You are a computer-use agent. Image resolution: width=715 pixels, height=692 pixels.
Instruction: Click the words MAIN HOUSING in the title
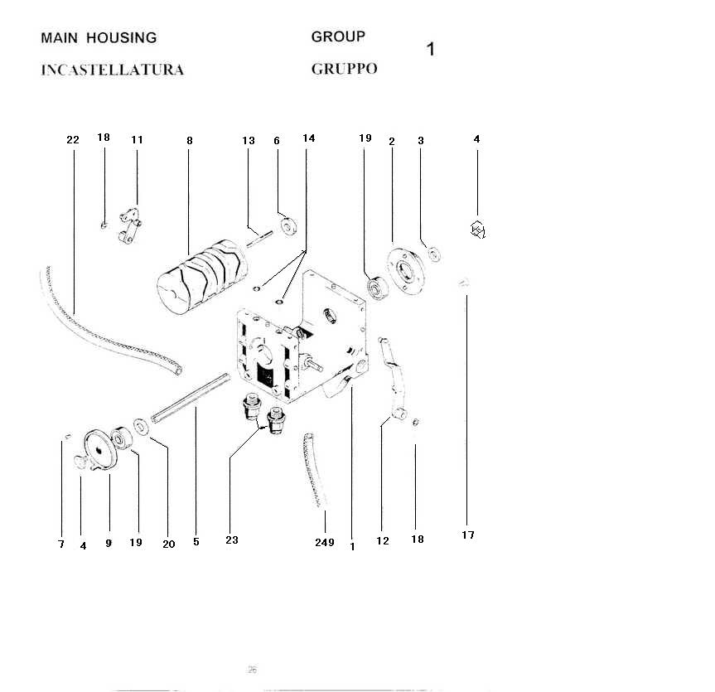(x=99, y=38)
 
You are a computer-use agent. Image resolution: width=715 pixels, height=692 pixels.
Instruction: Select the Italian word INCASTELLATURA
(x=113, y=70)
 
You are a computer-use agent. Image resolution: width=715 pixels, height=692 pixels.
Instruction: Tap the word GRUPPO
(x=344, y=69)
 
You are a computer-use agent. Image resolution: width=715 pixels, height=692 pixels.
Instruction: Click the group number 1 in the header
(x=430, y=49)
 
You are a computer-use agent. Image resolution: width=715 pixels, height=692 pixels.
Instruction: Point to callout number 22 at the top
(x=73, y=140)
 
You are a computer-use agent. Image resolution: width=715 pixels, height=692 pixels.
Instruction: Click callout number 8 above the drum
(x=189, y=141)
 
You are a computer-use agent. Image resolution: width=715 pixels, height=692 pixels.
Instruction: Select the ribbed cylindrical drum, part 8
(x=202, y=273)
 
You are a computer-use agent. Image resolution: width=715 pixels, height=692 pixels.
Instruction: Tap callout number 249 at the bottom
(x=325, y=542)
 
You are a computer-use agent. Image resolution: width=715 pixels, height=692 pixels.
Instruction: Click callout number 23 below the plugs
(x=232, y=540)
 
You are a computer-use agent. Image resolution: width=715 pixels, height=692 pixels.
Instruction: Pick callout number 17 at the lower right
(x=468, y=535)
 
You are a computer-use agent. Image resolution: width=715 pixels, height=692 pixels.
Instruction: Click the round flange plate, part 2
(x=405, y=269)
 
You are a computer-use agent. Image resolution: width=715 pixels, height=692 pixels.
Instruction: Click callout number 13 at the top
(x=249, y=141)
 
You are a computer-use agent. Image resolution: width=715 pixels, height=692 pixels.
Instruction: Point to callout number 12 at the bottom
(x=383, y=541)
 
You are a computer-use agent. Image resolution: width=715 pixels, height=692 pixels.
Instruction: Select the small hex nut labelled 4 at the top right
(x=477, y=230)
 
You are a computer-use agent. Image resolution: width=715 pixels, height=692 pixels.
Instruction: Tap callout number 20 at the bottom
(x=168, y=544)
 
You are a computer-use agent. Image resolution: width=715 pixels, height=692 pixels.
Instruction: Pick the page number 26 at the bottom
(x=252, y=670)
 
